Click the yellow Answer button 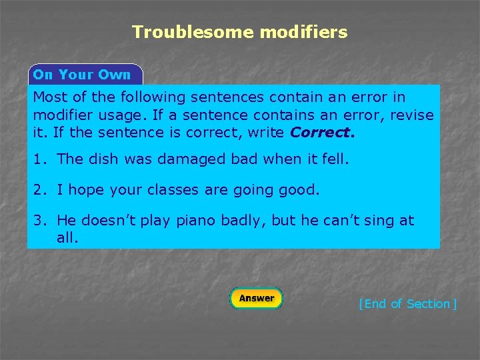coord(256,298)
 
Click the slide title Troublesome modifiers coord(240,32)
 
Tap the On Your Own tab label coord(82,75)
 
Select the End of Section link coord(407,304)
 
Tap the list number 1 coord(37,159)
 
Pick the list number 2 coord(37,190)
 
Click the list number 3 coord(37,221)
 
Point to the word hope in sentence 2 coord(85,190)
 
